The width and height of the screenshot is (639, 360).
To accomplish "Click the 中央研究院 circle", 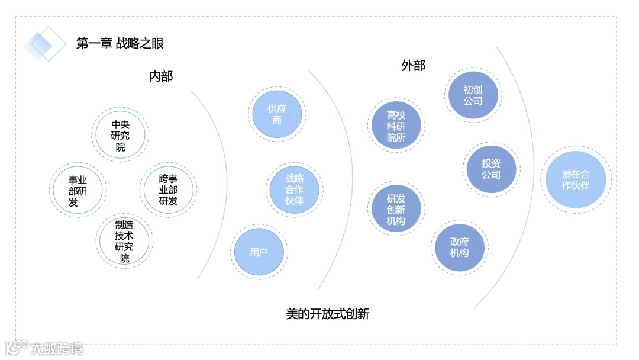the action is pyautogui.click(x=120, y=136).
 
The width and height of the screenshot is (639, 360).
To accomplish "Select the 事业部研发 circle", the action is pyautogui.click(x=78, y=190).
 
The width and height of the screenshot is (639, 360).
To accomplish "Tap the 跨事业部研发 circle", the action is pyautogui.click(x=169, y=190).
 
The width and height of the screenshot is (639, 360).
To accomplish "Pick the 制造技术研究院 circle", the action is pyautogui.click(x=124, y=242).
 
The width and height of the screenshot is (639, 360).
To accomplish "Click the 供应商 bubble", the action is pyautogui.click(x=277, y=114).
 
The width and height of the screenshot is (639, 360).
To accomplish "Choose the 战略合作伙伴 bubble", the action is pyautogui.click(x=294, y=189).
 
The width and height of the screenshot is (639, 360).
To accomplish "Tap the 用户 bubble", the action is pyautogui.click(x=259, y=252).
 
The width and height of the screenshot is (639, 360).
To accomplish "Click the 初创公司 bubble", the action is pyautogui.click(x=473, y=95).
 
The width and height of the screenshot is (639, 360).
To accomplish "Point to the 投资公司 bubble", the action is pyautogui.click(x=490, y=169).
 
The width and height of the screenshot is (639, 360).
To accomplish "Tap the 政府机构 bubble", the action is pyautogui.click(x=459, y=247).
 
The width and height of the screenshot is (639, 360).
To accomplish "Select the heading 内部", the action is pyautogui.click(x=161, y=76).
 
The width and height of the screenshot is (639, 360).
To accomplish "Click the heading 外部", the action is pyautogui.click(x=413, y=66).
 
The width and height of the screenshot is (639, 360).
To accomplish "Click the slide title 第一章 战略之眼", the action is pyautogui.click(x=120, y=43).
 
